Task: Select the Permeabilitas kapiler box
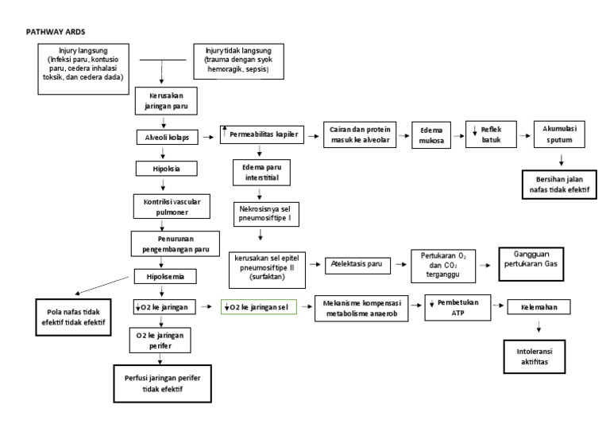262,136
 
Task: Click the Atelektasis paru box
357,265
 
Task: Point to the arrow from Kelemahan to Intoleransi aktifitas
541,326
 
